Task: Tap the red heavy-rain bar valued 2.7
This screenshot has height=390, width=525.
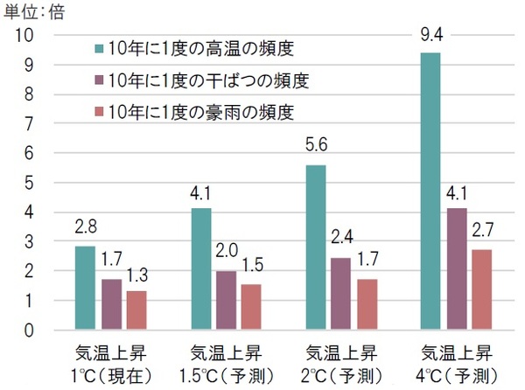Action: pos(482,289)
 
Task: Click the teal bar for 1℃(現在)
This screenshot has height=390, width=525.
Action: pos(85,288)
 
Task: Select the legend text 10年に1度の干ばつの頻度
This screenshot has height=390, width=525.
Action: pos(208,80)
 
